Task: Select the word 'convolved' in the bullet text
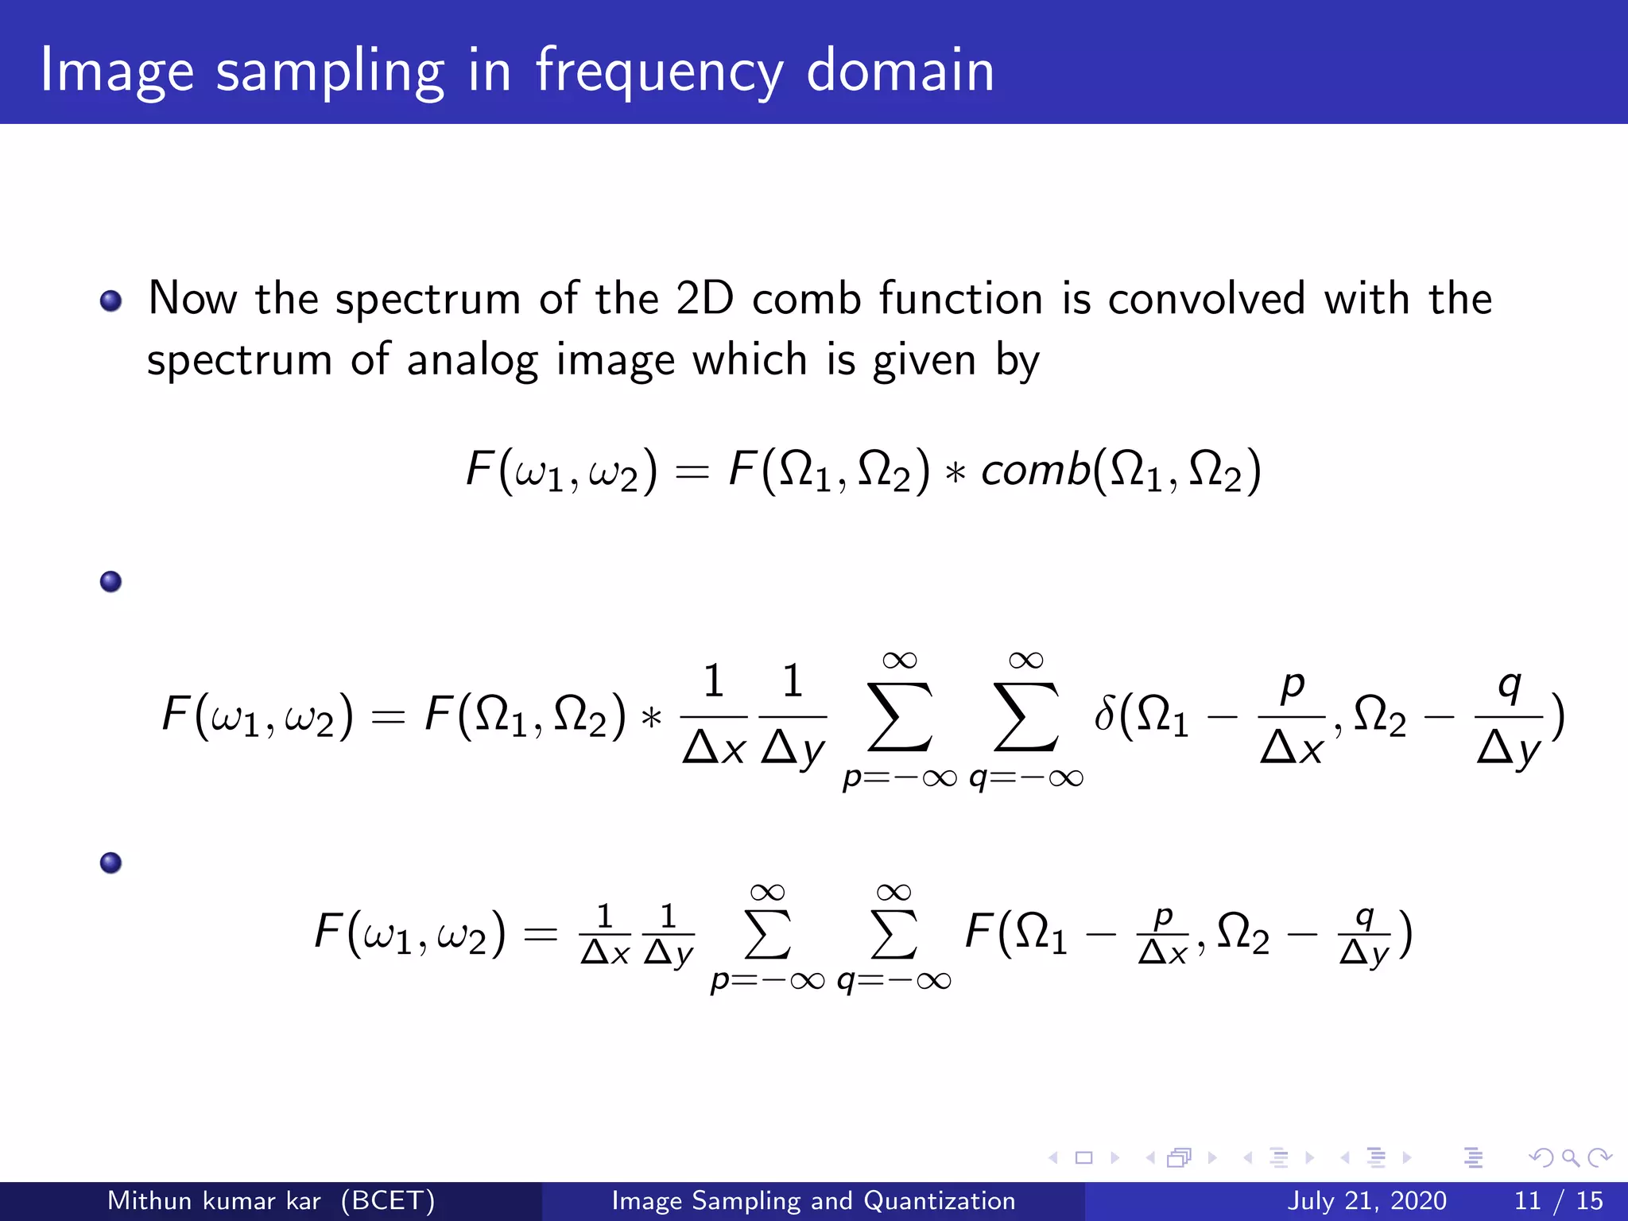1206,299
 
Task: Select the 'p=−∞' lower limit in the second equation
900,777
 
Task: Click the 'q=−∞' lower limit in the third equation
894,980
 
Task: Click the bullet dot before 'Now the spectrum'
111,300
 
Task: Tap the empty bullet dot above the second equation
111,582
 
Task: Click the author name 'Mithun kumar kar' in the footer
214,1200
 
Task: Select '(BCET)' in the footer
388,1200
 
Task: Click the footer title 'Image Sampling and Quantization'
813,1200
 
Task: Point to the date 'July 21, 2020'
1366,1200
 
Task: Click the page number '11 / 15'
1559,1200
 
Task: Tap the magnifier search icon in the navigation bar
1570,1157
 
